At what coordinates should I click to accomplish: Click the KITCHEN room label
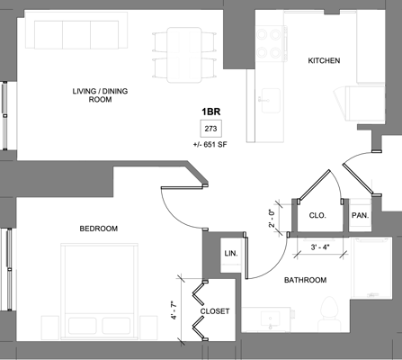tap(324, 61)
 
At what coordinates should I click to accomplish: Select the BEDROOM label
tap(98, 229)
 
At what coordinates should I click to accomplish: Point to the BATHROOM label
tap(305, 280)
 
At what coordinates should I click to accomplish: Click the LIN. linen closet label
tap(229, 255)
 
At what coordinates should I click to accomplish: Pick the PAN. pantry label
tap(360, 216)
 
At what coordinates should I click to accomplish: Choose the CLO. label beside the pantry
tap(317, 216)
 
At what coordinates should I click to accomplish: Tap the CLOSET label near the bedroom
tap(215, 311)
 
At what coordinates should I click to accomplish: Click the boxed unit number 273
tap(211, 129)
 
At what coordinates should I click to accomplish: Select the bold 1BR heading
tap(211, 112)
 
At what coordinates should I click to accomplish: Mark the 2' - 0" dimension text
tap(272, 219)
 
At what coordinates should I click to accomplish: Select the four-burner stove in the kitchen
tap(270, 38)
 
